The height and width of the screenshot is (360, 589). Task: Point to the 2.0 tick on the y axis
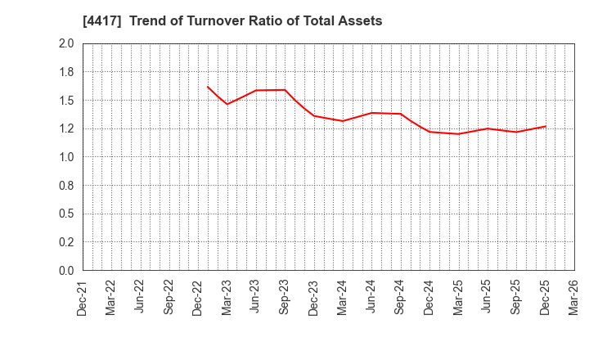coord(66,44)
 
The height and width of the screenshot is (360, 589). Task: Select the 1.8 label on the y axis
coord(66,72)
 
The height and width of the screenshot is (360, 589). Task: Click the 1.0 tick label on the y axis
coord(66,157)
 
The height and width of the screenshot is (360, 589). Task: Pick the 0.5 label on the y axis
coord(66,214)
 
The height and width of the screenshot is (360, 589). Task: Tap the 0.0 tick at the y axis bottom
coord(66,271)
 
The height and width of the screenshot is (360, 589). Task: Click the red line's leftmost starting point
coord(208,87)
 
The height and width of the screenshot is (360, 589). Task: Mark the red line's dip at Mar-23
coord(227,104)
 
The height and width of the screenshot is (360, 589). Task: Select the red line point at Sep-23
coord(285,90)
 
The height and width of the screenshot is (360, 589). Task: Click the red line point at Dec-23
coord(314,115)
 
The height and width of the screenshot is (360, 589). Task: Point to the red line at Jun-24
coord(371,113)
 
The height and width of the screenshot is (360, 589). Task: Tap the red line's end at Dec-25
coord(545,126)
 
